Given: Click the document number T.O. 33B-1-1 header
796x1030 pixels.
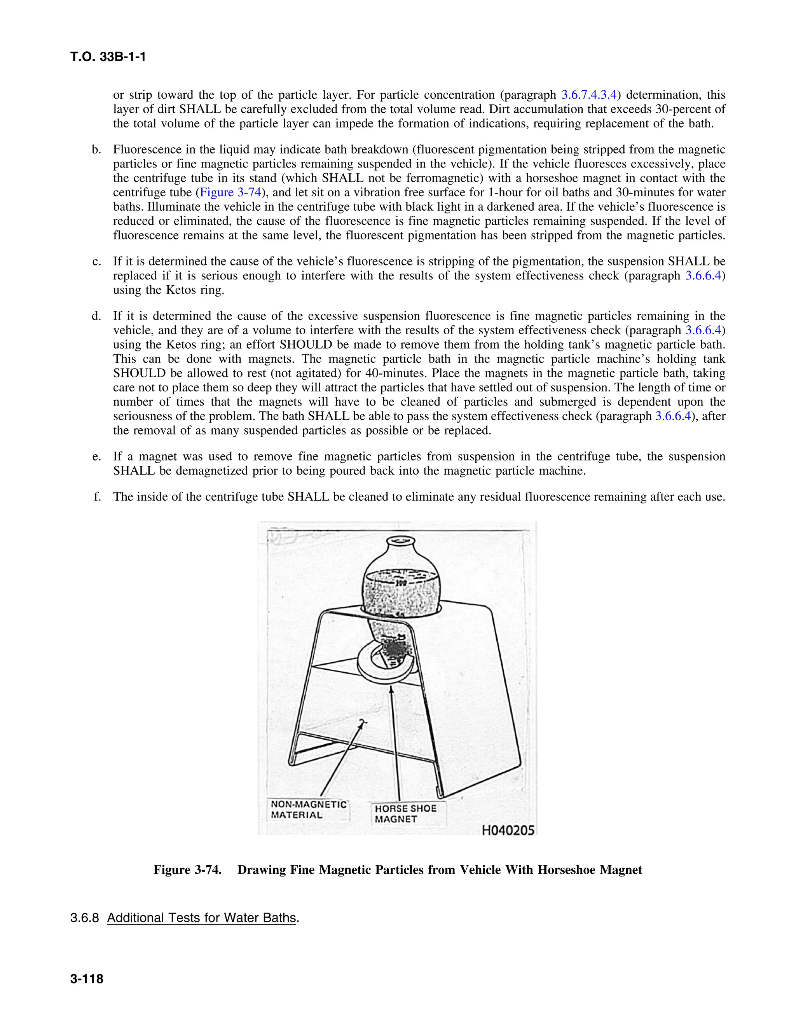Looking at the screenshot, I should tap(108, 57).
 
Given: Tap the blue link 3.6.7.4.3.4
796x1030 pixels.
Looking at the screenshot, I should tap(589, 95).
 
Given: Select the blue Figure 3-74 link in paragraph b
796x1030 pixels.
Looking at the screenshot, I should tap(230, 192).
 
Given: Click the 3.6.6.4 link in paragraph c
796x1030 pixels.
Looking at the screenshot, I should tap(703, 276).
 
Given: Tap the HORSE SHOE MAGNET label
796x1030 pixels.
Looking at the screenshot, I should tap(405, 814).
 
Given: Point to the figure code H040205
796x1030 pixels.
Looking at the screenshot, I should tap(508, 831).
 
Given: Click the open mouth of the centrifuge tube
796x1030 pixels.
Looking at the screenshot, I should tap(400, 541).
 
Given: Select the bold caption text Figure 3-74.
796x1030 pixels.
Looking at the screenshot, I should tap(188, 869).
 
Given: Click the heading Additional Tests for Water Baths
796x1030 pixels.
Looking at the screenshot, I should tap(201, 918).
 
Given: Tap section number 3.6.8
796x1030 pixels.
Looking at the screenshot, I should tap(84, 918).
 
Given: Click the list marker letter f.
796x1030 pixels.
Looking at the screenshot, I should tap(97, 497).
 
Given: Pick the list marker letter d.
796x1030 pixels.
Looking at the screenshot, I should tap(96, 316).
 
